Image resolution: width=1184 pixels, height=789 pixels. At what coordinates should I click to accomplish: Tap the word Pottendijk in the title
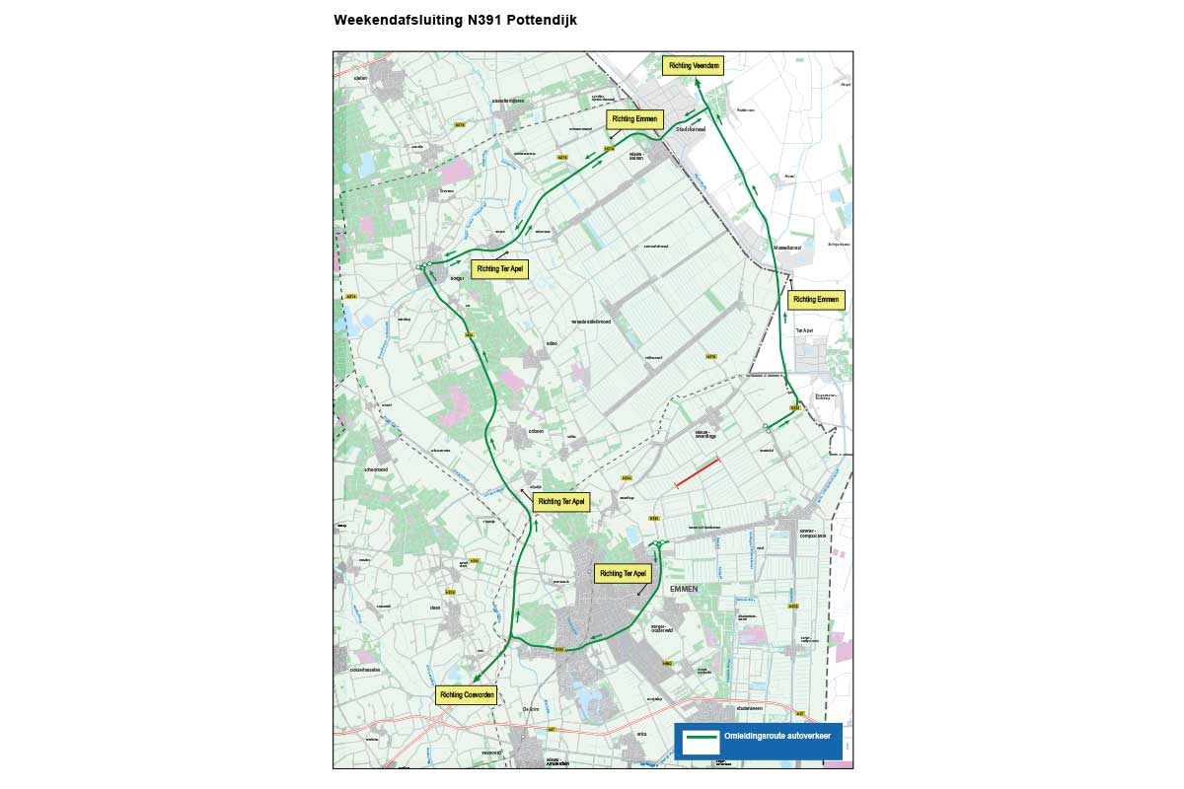coord(542,20)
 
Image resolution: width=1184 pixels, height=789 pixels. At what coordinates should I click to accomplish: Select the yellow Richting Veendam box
coord(693,65)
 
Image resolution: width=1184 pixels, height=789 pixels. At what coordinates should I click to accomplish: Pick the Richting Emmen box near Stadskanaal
coord(634,119)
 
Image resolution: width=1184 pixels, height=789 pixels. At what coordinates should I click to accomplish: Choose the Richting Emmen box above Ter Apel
coord(817,299)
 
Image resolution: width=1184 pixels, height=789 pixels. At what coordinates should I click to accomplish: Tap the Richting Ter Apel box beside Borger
coord(499,268)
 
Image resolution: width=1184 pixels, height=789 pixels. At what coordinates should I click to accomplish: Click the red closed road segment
coord(698,471)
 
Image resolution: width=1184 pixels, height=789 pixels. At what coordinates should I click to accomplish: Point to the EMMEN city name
coord(684,589)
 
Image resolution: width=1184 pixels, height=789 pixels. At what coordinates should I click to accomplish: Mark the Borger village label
coord(457,279)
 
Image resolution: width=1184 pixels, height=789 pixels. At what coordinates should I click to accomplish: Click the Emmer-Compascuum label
coord(813,534)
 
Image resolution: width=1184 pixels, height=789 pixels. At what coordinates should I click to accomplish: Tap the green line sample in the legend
coord(702,736)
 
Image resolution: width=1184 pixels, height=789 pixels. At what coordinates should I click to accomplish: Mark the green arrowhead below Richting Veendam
coord(698,84)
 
